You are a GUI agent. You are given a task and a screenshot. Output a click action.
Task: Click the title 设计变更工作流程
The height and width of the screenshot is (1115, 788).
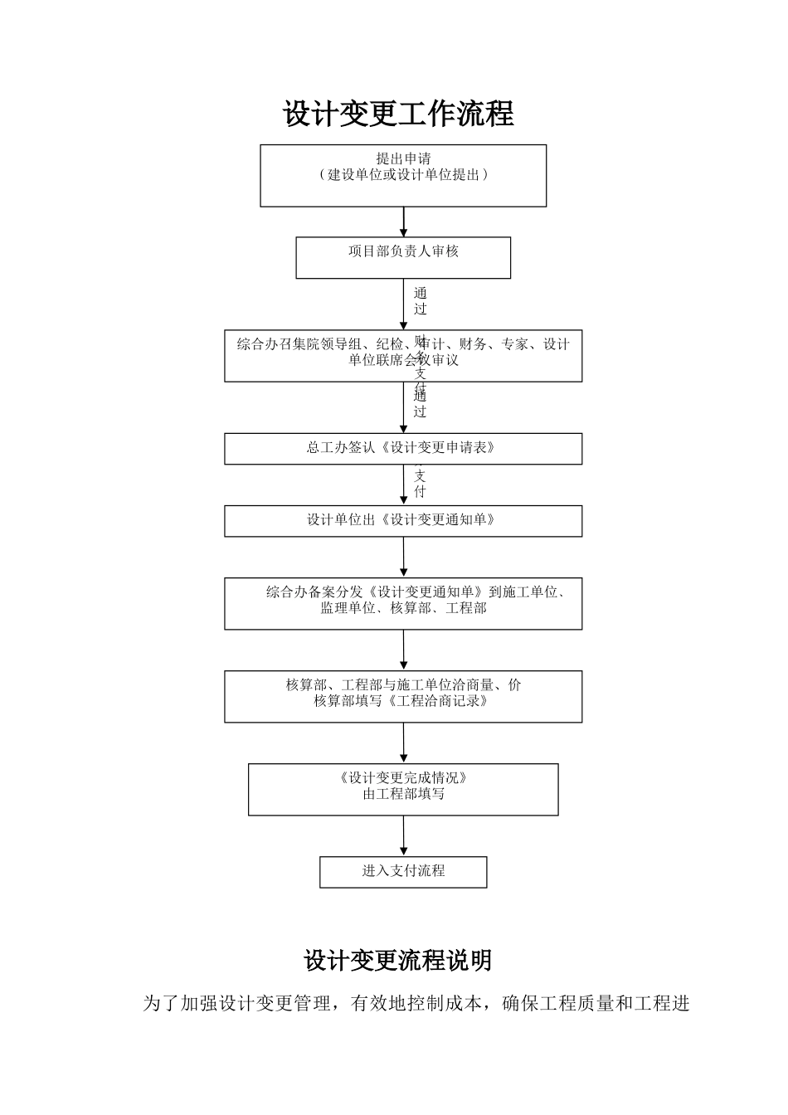[x=399, y=114]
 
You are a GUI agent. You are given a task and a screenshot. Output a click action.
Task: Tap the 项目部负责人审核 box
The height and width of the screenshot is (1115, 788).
[x=403, y=258]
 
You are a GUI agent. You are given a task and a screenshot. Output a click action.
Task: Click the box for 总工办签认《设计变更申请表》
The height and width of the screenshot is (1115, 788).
[x=403, y=449]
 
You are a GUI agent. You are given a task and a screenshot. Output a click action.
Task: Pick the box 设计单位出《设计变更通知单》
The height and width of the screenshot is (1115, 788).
[x=403, y=521]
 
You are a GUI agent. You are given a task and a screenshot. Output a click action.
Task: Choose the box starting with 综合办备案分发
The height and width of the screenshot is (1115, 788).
[x=403, y=603]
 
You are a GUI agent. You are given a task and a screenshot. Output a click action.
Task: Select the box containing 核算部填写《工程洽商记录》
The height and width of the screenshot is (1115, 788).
[x=403, y=696]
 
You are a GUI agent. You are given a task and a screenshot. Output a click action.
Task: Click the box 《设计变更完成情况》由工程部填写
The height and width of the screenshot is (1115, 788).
[x=403, y=789]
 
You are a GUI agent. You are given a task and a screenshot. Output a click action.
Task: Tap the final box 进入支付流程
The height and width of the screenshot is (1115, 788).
[x=403, y=871]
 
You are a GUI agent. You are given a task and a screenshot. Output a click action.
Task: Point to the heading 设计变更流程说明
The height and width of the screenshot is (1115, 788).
[x=398, y=961]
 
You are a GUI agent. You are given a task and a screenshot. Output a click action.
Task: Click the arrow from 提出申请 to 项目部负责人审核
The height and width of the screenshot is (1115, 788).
[x=404, y=222]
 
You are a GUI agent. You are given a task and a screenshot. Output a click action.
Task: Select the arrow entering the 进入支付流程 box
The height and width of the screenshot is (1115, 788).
[x=404, y=836]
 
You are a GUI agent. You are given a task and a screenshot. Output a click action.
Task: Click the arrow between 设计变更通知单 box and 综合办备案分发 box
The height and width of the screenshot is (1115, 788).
[x=404, y=557]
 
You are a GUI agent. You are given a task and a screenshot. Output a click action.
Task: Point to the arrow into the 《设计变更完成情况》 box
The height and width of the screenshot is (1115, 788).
[x=404, y=743]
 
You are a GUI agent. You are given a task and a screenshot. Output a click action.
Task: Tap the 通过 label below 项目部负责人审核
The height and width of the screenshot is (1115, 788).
[x=421, y=300]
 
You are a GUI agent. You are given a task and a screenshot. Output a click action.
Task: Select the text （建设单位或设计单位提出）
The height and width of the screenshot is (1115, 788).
[x=403, y=175]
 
